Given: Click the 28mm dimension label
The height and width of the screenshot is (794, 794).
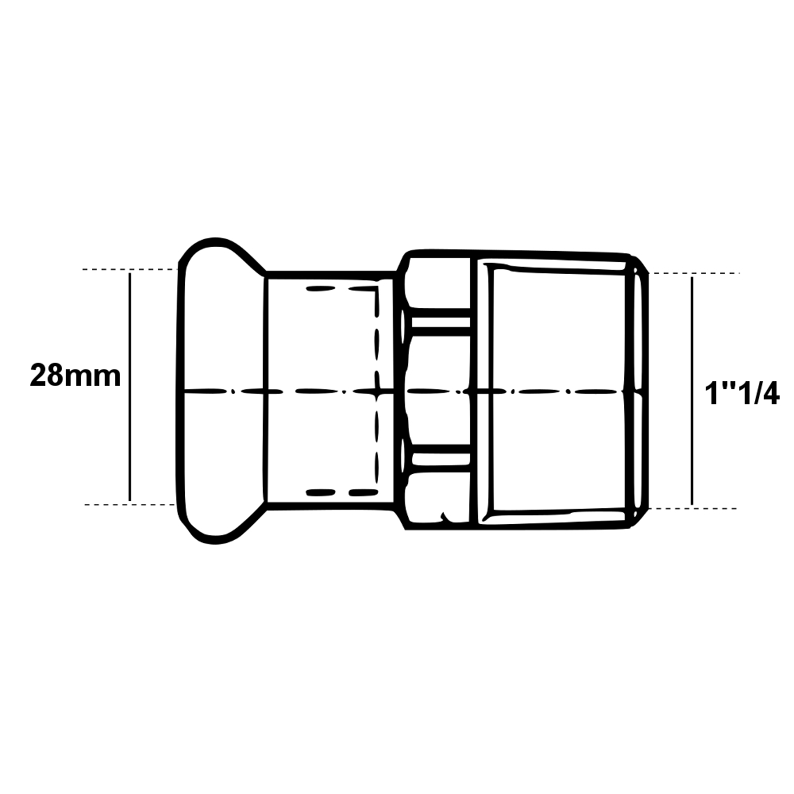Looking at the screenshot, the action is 75,376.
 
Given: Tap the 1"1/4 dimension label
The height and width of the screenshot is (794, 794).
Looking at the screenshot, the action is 742,394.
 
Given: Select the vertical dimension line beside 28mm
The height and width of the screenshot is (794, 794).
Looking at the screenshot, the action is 130,387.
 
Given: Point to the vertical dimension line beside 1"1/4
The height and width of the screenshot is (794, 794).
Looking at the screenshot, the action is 692,391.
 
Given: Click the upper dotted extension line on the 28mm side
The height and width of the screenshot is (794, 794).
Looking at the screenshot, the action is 130,269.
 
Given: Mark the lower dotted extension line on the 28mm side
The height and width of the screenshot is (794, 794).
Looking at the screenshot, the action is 130,505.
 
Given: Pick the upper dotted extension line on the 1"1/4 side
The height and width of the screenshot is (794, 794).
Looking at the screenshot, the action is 694,273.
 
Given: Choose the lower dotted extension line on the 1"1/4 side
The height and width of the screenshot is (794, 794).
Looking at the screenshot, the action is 692,508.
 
